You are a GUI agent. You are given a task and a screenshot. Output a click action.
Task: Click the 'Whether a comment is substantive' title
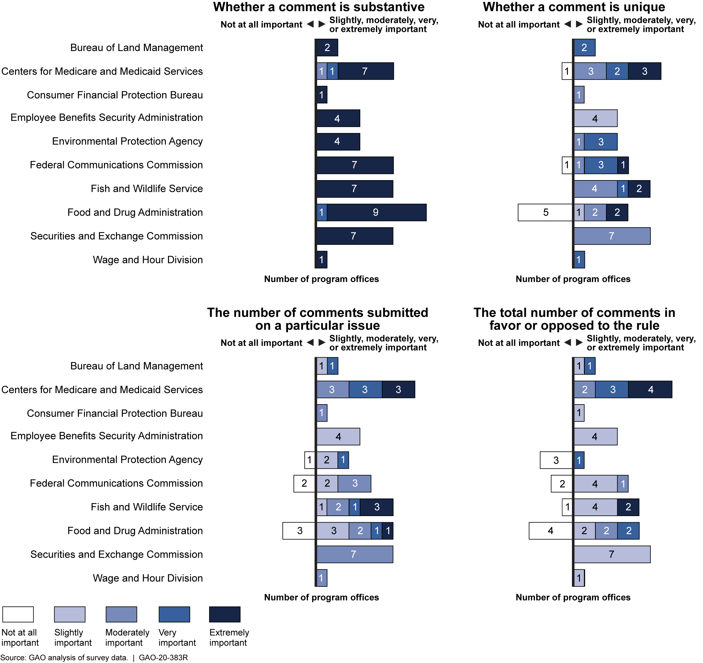coord(318,7)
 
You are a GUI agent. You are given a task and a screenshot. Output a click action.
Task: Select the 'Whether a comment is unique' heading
coord(573,7)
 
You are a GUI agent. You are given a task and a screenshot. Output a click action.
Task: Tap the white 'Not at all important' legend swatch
coord(18,614)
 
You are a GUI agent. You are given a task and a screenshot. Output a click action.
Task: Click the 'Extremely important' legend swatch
coord(225,614)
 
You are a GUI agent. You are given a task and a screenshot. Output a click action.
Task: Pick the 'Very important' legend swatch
coord(174,614)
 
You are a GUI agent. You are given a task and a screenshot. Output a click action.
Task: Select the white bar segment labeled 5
coord(545,212)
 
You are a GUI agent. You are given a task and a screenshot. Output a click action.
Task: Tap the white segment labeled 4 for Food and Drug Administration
coord(550,531)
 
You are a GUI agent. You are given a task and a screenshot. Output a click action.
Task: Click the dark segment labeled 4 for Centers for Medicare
coord(650,389)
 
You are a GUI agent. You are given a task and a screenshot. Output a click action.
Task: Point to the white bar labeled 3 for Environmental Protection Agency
coord(556,460)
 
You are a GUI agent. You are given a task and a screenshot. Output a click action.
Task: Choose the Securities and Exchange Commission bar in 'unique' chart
coord(612,236)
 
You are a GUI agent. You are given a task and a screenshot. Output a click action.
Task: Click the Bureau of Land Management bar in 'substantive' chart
coord(327,48)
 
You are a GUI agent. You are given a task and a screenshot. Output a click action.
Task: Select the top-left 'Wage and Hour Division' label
coord(148,260)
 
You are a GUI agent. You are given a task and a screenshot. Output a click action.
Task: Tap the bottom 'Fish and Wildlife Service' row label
coord(146,507)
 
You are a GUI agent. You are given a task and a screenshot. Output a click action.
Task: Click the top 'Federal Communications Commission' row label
coord(116,165)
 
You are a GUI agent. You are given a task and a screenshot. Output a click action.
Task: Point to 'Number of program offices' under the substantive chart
coord(321,279)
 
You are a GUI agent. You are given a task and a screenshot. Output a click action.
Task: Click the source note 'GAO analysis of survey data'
coord(78,657)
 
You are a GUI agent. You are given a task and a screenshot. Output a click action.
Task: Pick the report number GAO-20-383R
coord(163,657)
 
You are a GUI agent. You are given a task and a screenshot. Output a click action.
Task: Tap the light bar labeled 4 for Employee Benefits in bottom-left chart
coord(338,436)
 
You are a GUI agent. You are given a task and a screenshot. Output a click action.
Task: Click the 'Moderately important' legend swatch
coord(121,614)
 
